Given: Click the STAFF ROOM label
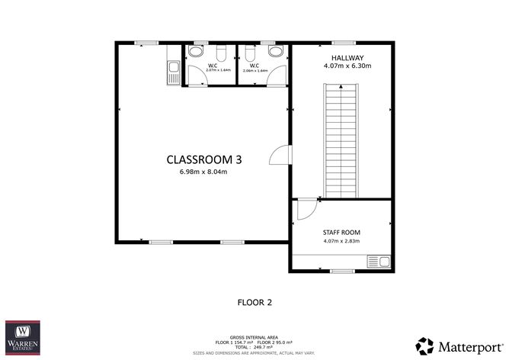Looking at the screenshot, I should coord(341,232).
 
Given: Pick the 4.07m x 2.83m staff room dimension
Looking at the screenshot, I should coord(341,242).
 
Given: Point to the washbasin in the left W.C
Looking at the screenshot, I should coord(196,52).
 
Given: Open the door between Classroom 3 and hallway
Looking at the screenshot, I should coord(282,155).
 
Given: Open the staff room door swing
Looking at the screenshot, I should coord(303,209).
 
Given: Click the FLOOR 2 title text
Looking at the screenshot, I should coord(255,302).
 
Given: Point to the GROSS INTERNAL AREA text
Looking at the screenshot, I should coord(254,336).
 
